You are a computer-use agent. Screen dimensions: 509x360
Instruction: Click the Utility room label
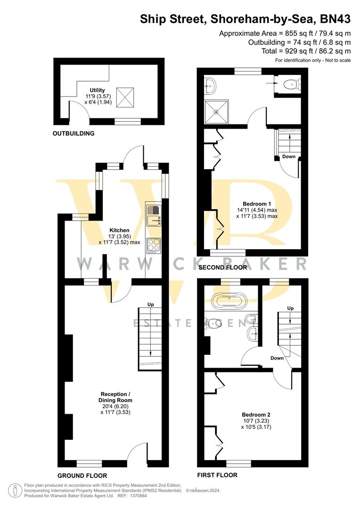(98, 90)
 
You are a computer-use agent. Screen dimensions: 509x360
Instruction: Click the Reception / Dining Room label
(115, 394)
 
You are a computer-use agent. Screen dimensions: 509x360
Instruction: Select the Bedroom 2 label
(257, 415)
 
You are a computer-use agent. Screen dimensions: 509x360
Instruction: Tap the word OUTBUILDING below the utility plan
(74, 133)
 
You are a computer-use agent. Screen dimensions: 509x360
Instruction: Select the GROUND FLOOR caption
(82, 476)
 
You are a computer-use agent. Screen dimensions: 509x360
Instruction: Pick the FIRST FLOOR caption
(217, 475)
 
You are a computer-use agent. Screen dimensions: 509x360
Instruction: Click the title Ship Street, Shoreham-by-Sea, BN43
(245, 19)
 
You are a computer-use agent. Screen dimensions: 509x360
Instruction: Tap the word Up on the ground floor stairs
(150, 304)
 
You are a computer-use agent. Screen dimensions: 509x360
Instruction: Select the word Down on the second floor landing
(288, 157)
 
